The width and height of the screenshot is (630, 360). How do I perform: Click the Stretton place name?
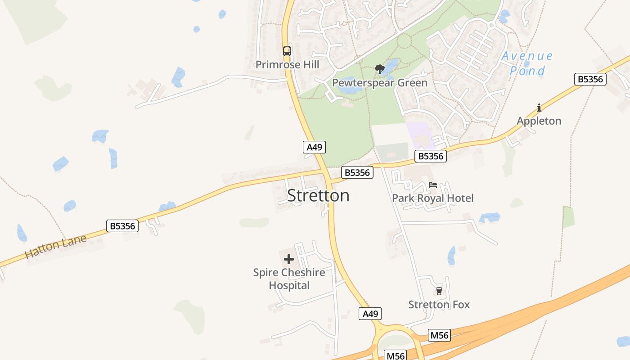point(318,196)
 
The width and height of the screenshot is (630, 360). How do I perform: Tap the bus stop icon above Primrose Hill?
point(287,51)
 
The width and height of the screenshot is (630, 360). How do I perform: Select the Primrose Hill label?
point(287,65)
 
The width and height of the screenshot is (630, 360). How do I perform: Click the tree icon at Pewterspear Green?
point(379,69)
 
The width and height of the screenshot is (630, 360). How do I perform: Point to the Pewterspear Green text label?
point(379,83)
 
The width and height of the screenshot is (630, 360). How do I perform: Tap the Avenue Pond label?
point(527,63)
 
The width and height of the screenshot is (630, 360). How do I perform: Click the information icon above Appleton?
point(539,108)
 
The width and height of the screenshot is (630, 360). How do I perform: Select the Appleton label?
point(539,121)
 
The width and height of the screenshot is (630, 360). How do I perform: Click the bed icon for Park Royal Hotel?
point(433,184)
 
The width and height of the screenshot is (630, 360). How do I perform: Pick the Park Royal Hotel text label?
point(432,198)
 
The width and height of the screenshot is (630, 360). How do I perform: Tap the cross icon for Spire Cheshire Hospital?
point(289,259)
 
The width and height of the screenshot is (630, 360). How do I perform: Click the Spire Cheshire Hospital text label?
point(289,279)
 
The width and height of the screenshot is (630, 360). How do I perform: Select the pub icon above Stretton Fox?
point(439,291)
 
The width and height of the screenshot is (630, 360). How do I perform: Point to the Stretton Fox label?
point(439,305)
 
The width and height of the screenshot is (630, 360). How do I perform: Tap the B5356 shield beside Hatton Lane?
point(122,226)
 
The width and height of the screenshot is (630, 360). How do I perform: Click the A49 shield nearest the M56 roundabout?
point(370,314)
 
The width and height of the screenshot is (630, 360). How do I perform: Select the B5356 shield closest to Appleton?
point(590,79)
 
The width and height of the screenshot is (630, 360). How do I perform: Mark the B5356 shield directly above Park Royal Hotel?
point(431,156)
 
